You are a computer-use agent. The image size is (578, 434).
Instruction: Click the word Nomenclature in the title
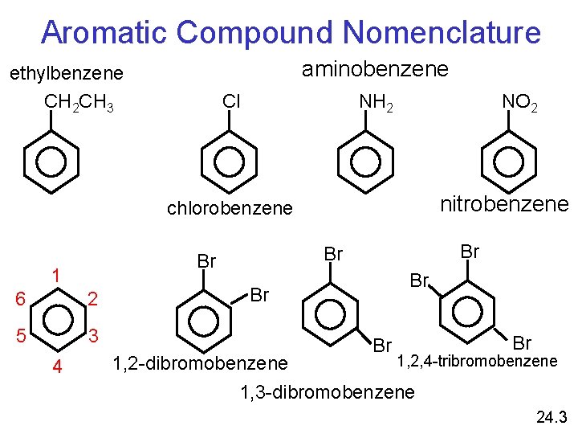click(x=442, y=33)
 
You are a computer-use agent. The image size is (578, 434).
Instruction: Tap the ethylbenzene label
click(x=66, y=74)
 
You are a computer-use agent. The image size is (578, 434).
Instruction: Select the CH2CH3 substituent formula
click(x=79, y=103)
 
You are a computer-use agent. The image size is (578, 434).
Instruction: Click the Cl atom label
click(x=231, y=101)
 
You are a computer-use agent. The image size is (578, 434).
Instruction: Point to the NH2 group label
click(x=377, y=103)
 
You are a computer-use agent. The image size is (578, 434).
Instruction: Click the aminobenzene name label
click(x=375, y=70)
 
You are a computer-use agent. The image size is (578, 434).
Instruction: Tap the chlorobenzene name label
click(x=230, y=208)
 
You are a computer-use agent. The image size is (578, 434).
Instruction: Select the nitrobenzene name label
click(x=504, y=203)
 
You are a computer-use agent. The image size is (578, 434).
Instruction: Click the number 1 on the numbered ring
click(x=57, y=274)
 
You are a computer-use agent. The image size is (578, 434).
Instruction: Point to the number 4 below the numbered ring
click(x=56, y=367)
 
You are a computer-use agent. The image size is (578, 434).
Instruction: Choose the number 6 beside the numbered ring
click(x=22, y=299)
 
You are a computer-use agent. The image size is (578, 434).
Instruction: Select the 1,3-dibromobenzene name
click(x=328, y=393)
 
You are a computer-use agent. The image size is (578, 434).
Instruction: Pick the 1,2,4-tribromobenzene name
click(x=477, y=361)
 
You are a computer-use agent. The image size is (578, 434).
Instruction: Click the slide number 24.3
click(x=552, y=417)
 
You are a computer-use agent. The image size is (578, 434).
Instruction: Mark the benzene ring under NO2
click(x=508, y=162)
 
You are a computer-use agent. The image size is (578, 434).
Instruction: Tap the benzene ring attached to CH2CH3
click(x=51, y=162)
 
